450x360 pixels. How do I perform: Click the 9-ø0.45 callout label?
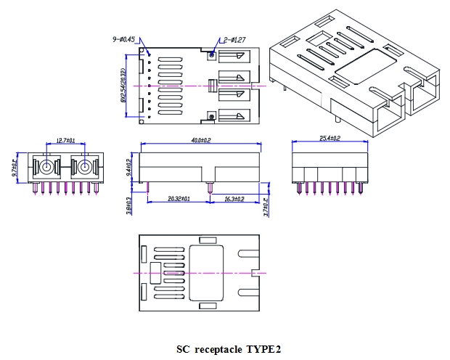(123, 39)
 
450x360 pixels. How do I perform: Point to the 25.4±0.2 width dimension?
(330, 138)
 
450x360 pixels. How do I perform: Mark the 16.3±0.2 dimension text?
(234, 199)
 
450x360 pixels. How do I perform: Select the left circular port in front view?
(46, 168)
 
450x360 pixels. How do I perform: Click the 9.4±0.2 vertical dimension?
(129, 167)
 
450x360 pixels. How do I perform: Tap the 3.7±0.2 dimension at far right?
(267, 208)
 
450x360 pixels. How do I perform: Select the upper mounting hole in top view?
(211, 54)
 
